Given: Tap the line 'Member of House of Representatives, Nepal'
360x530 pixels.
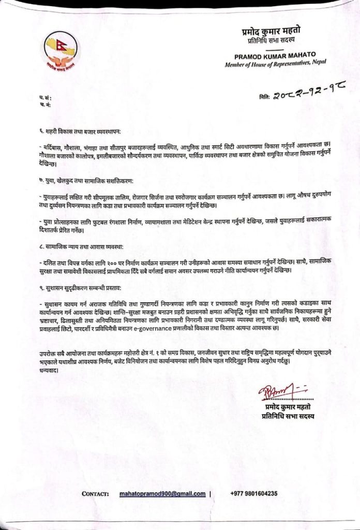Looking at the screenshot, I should pos(276,63).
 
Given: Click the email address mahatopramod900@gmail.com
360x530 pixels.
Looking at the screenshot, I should pos(162,494).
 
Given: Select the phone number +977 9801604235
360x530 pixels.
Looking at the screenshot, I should pos(253,494).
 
